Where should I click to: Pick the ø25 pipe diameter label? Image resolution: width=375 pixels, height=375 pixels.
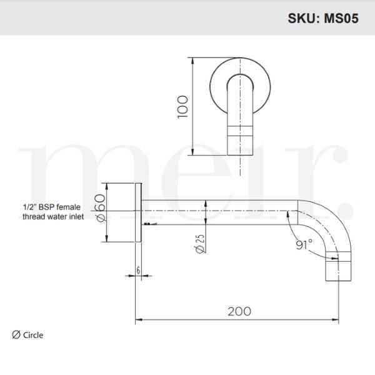201,241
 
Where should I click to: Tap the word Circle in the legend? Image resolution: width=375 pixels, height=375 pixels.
33,335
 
